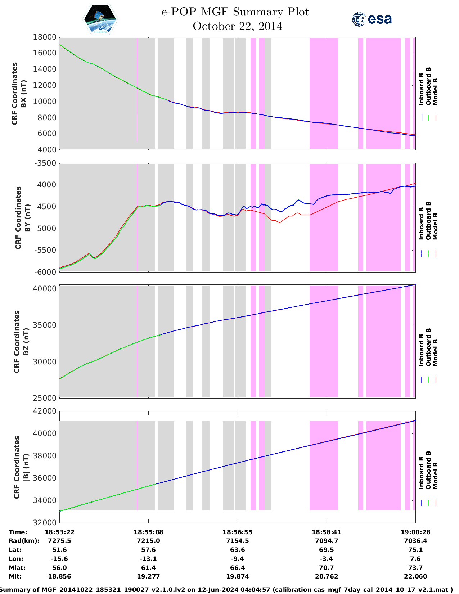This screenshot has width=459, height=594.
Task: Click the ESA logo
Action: (x=372, y=19)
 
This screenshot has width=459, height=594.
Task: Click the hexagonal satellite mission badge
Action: (x=100, y=19)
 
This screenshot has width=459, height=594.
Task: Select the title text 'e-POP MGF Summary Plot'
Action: (x=235, y=12)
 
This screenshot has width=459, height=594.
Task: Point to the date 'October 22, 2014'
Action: (x=238, y=26)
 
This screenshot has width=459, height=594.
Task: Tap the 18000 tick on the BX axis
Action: (x=45, y=37)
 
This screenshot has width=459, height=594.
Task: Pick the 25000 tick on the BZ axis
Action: (x=45, y=398)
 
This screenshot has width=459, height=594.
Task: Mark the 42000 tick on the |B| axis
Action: (x=45, y=411)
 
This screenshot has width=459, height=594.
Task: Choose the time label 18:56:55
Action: (x=238, y=532)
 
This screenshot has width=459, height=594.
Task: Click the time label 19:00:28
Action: (x=415, y=532)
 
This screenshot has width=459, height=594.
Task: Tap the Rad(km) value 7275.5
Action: (x=59, y=541)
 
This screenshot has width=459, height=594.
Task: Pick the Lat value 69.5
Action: (x=327, y=550)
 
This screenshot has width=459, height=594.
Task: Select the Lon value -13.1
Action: (x=148, y=559)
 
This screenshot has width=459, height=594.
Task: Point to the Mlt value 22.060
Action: (x=415, y=576)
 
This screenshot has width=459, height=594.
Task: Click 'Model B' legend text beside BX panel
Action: (x=435, y=92)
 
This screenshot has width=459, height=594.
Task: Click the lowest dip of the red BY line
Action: (x=280, y=223)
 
